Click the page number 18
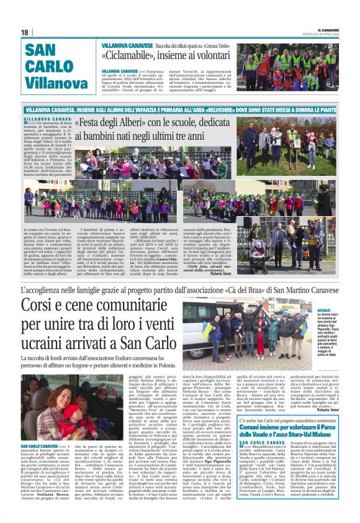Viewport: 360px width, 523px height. point(25,32)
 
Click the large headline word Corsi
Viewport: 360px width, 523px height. point(45,306)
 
